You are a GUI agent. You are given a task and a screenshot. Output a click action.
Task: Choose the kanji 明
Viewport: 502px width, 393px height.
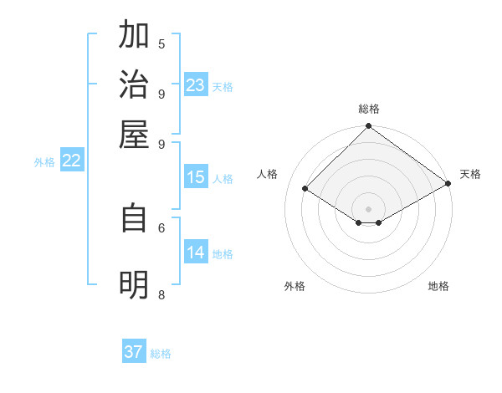point(134,285)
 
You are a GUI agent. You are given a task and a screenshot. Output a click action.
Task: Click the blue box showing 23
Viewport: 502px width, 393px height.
point(195,85)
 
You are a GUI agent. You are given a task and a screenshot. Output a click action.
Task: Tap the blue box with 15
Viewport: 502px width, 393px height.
point(195,177)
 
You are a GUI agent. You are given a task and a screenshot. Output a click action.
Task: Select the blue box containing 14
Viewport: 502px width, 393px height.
point(195,253)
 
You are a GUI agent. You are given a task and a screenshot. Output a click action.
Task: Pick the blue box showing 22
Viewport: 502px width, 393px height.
point(71,161)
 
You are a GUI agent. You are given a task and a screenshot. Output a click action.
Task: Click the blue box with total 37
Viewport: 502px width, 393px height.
point(134,352)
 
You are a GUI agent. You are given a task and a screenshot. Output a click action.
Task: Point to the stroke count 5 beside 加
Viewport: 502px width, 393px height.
point(161,43)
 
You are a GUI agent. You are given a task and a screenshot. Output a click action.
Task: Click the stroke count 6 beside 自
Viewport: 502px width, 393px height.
point(161,227)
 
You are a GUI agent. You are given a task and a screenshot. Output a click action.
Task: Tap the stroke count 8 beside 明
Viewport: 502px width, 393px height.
point(161,294)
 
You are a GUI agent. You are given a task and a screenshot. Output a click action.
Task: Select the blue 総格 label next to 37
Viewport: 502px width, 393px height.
point(161,354)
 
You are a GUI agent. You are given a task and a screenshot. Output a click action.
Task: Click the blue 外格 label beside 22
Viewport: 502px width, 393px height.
point(44,163)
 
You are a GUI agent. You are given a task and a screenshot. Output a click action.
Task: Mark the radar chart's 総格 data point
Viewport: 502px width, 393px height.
point(368,128)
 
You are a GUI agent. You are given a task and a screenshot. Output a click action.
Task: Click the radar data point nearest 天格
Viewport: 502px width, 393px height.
point(448,184)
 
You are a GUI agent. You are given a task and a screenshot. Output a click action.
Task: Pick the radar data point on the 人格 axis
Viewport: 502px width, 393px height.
point(305,190)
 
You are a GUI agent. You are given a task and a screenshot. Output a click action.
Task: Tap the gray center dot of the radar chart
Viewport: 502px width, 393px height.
point(368,209)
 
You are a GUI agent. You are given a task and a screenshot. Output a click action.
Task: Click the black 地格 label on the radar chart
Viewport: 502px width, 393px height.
point(438,287)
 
